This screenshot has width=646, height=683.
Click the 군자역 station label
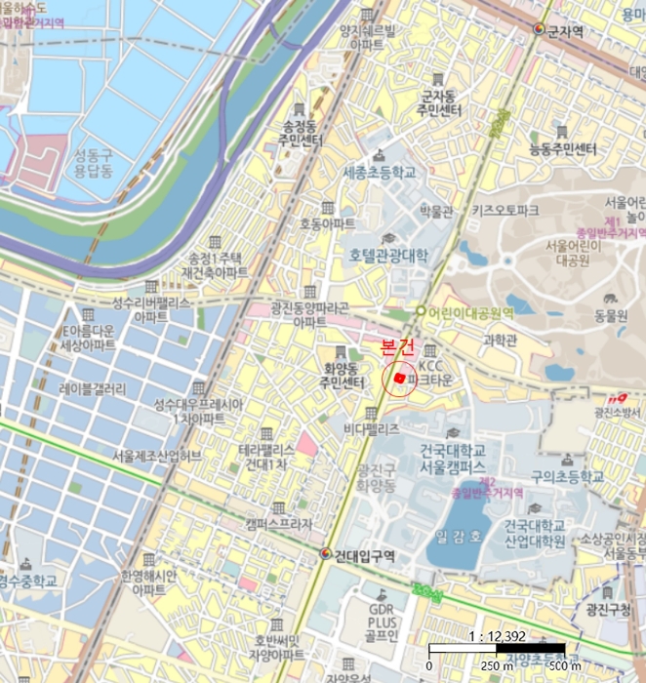(565, 31)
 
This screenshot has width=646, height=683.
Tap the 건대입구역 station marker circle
(325, 553)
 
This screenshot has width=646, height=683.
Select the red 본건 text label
(397, 346)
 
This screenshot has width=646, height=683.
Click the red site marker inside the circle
(399, 377)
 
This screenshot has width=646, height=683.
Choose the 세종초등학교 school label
(380, 173)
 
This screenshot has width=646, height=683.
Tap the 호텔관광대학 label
(388, 256)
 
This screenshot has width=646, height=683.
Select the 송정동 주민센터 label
(300, 134)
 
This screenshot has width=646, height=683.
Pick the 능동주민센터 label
(562, 149)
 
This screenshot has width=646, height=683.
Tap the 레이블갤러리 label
(93, 388)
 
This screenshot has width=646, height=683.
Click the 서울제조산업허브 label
(156, 456)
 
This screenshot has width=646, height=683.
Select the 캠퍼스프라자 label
(278, 524)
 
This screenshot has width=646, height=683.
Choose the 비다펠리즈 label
(371, 428)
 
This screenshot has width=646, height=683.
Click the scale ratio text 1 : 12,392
(498, 635)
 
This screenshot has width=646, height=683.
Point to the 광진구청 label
(608, 609)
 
